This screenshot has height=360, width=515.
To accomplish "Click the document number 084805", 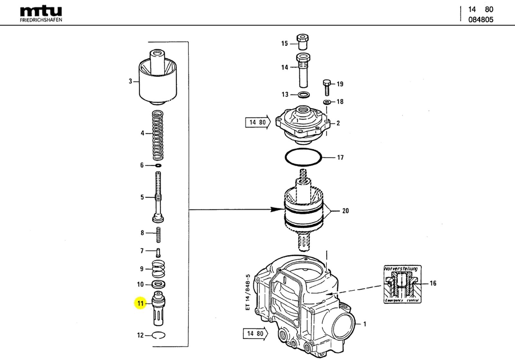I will pyautogui.click(x=481, y=20).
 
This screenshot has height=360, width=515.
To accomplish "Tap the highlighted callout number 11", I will pyautogui.click(x=140, y=303).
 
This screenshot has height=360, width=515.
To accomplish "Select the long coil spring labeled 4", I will pyautogui.click(x=157, y=135).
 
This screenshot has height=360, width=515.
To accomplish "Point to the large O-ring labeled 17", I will pyautogui.click(x=304, y=158).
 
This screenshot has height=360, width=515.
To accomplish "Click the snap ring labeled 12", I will pyautogui.click(x=159, y=335).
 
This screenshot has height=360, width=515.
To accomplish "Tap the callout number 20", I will pyautogui.click(x=345, y=211).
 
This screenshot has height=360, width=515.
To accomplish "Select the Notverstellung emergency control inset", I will pyautogui.click(x=402, y=284).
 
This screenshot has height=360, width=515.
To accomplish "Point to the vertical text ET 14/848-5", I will pyautogui.click(x=248, y=292).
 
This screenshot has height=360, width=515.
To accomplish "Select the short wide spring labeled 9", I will pyautogui.click(x=158, y=269).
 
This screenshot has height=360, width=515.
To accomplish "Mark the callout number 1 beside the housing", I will pyautogui.click(x=365, y=324).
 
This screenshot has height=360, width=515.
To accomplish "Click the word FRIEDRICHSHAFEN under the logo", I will pyautogui.click(x=41, y=20).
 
